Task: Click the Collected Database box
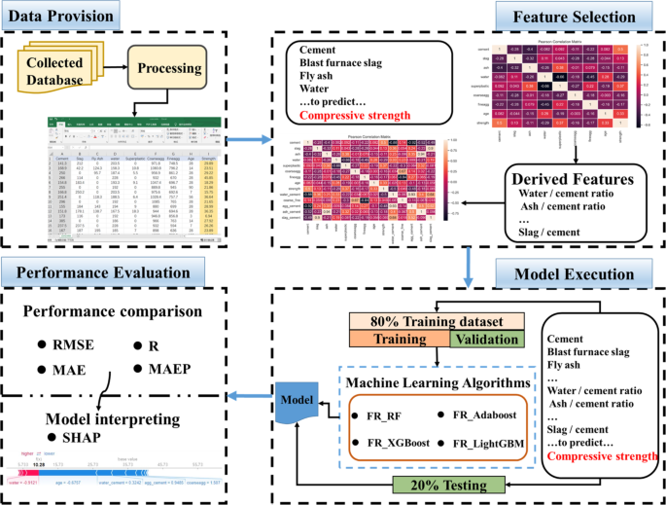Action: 61,71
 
